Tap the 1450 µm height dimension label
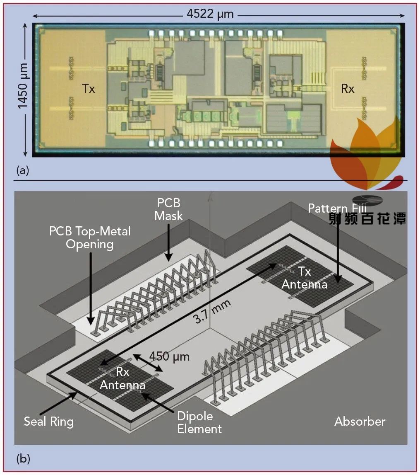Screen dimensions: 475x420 23,90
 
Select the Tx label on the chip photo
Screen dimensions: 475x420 88,89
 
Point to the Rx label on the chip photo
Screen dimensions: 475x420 348,89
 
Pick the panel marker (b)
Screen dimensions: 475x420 23,459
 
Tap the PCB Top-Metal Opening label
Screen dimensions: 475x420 90,237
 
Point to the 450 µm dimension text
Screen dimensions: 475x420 169,356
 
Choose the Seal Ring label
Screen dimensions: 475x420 49,422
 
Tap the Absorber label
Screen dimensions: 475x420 360,422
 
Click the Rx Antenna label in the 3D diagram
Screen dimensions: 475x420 122,379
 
